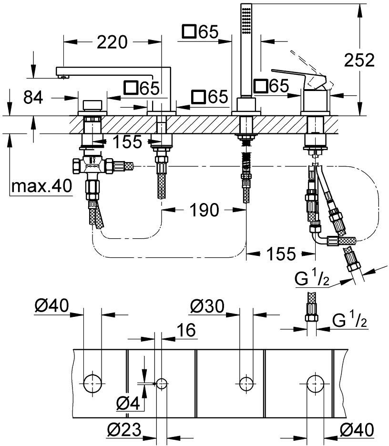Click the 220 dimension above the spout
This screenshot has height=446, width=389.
[112, 42]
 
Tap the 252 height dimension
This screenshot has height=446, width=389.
[359, 61]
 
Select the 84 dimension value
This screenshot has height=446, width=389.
[33, 97]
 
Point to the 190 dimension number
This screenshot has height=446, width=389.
[205, 210]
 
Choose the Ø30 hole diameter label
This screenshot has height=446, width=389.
[207, 306]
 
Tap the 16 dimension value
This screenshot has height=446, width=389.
[186, 330]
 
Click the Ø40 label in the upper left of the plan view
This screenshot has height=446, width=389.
[52, 306]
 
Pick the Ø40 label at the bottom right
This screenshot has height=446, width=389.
[357, 430]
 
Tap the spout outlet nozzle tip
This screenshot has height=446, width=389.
[63, 76]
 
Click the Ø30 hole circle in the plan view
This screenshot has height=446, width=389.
[246, 384]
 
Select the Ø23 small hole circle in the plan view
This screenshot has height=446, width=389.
[162, 384]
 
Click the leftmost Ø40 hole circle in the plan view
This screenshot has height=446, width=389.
[92, 384]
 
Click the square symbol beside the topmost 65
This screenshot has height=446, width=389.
[189, 31]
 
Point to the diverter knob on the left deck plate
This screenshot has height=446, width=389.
[92, 105]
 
